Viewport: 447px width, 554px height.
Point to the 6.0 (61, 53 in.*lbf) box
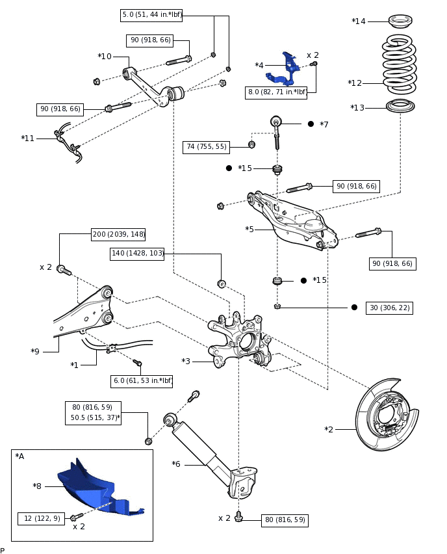tap(142, 381)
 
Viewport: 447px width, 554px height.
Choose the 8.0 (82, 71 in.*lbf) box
tap(277, 92)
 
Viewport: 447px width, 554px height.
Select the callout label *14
tap(359, 21)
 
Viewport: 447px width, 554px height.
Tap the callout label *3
tap(186, 361)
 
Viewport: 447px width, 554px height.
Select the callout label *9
tap(35, 352)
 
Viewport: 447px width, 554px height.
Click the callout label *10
tap(105, 57)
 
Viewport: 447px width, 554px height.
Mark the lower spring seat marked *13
tap(400, 105)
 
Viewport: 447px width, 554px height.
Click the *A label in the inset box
tap(19, 456)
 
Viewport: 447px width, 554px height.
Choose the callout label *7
tap(324, 124)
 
